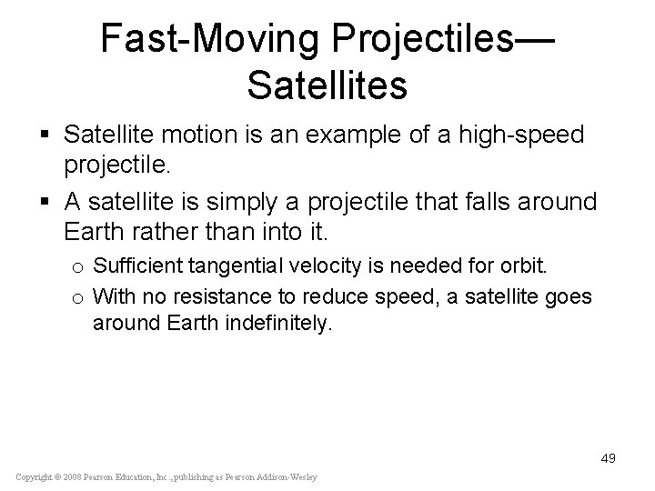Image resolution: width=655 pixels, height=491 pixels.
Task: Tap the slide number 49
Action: click(x=608, y=458)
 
